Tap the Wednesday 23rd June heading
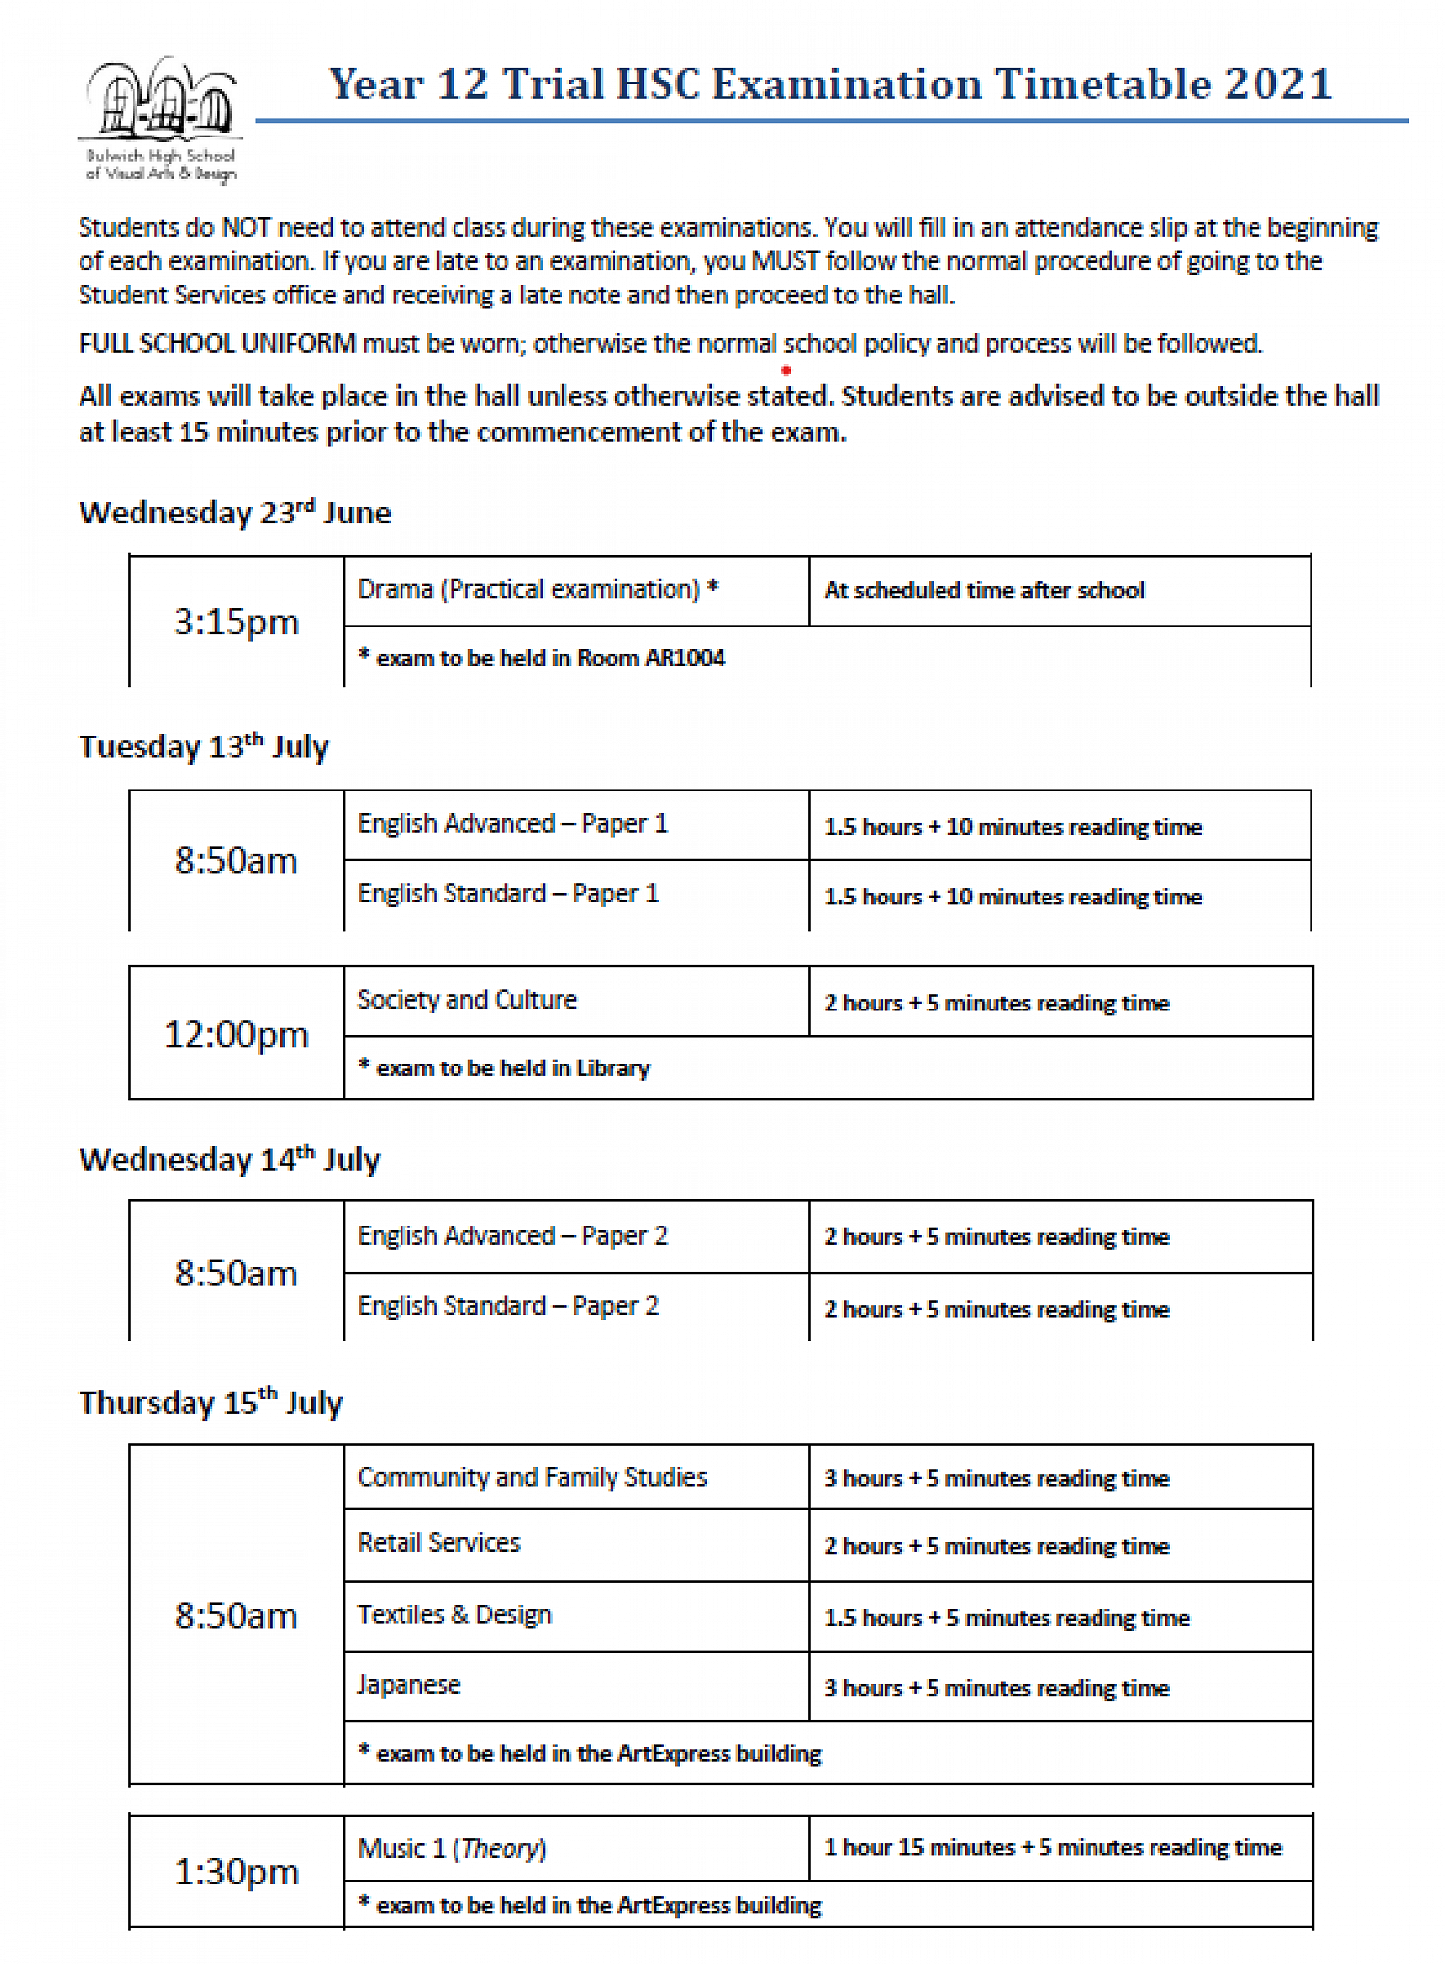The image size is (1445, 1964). (x=236, y=513)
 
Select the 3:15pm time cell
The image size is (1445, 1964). (x=236, y=622)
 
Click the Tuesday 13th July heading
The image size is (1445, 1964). (x=204, y=747)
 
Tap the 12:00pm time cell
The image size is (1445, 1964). (x=236, y=1034)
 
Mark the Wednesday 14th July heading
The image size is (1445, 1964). (x=230, y=1160)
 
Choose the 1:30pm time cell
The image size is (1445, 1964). (x=236, y=1872)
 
